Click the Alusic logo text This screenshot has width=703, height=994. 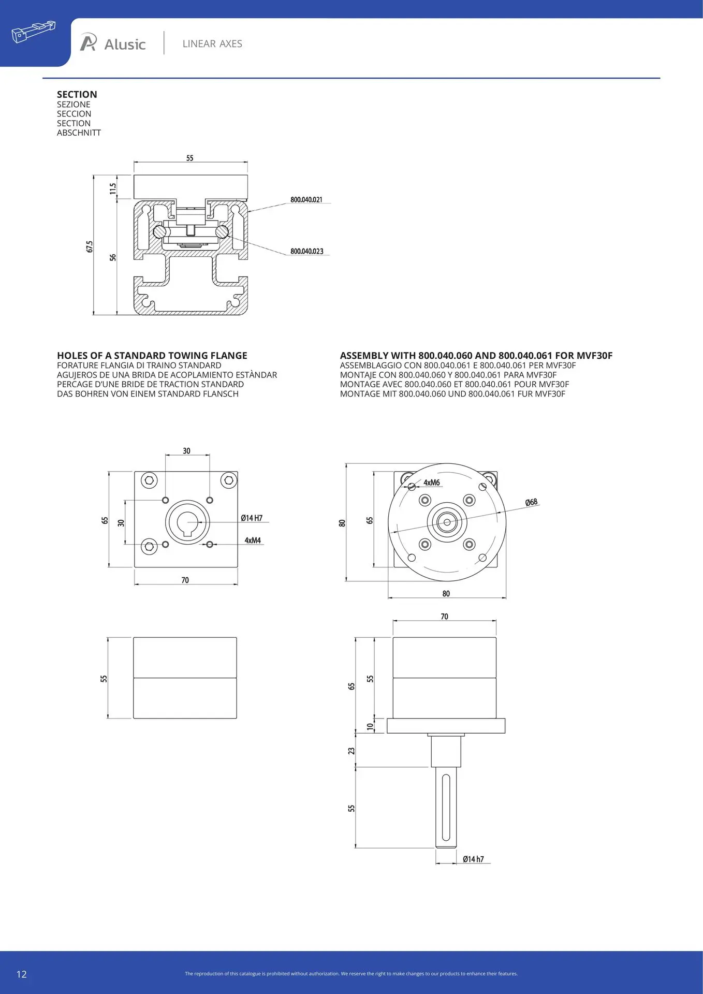125,45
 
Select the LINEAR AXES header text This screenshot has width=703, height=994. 212,44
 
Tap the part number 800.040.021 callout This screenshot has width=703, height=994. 306,199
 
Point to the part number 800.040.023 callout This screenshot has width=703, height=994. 306,251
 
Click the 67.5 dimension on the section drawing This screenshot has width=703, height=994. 90,246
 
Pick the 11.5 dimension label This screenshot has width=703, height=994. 113,188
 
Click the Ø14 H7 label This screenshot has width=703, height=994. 252,518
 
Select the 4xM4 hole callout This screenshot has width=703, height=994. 253,540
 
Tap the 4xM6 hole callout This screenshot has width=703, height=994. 432,483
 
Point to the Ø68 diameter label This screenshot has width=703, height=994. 532,502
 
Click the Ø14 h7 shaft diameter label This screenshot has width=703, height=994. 473,859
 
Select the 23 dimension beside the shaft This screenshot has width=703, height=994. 352,750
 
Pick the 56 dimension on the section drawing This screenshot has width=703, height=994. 113,257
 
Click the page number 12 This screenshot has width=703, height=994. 21,974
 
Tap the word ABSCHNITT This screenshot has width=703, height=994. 79,133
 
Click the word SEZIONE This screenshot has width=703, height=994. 74,104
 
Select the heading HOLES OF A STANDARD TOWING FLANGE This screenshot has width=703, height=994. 152,356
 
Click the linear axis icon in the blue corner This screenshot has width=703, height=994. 33,32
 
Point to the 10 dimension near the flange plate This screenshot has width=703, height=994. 370,726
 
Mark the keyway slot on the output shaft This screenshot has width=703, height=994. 446,808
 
